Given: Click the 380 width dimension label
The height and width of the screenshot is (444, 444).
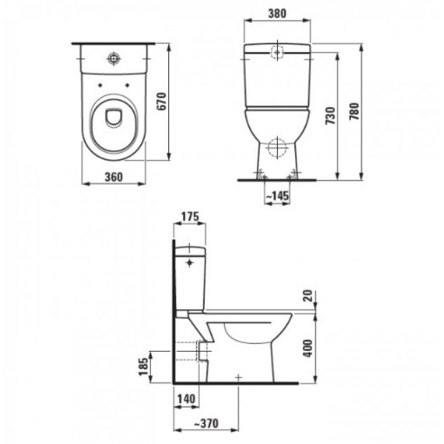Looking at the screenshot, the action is pyautogui.click(x=277, y=13).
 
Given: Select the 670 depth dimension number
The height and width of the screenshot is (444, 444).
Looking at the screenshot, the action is pyautogui.click(x=162, y=101).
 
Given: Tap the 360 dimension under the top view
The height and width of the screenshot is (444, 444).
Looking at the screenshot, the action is pyautogui.click(x=114, y=177).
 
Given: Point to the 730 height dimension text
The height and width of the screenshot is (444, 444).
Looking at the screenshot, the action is pyautogui.click(x=330, y=115).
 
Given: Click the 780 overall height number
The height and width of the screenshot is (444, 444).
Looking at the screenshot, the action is pyautogui.click(x=354, y=112).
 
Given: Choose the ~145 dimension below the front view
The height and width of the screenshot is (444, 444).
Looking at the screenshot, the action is pyautogui.click(x=277, y=195).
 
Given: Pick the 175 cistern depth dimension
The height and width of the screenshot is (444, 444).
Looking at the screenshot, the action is pyautogui.click(x=190, y=216).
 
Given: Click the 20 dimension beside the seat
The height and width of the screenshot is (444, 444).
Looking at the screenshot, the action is pyautogui.click(x=308, y=296).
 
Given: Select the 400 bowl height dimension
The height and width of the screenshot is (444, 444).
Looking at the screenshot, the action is pyautogui.click(x=308, y=348).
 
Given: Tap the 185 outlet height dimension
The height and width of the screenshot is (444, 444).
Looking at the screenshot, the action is pyautogui.click(x=143, y=366).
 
